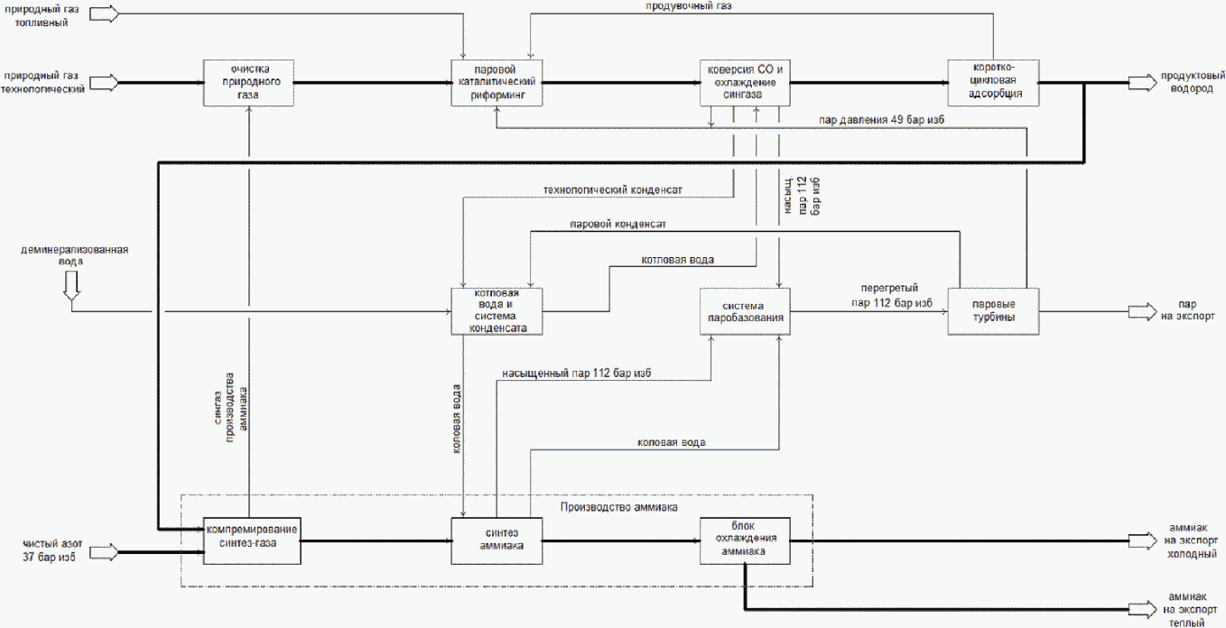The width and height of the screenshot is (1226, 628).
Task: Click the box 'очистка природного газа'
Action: (248, 83)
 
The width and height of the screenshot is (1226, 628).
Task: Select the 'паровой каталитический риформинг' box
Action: (497, 83)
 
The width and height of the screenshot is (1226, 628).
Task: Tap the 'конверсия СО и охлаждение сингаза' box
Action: (745, 83)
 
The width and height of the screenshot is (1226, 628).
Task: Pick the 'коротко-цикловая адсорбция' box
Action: (993, 83)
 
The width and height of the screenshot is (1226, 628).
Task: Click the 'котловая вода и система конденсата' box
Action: (497, 311)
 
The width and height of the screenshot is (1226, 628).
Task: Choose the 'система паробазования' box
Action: (745, 311)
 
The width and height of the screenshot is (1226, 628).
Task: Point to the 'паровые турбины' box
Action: (993, 311)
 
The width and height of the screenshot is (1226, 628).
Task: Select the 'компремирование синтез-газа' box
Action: (252, 540)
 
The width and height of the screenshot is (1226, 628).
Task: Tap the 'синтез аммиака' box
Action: (497, 540)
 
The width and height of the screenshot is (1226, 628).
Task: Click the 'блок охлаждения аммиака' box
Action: (745, 540)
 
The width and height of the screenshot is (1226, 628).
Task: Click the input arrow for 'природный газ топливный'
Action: (104, 14)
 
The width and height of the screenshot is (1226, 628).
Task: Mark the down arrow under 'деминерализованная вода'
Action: (71, 285)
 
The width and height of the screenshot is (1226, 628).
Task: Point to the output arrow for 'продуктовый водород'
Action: (1143, 83)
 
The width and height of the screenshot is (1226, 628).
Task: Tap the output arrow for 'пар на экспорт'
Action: (1143, 312)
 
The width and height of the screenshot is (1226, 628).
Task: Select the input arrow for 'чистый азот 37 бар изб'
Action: (104, 552)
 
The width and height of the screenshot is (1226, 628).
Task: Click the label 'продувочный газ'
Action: (689, 6)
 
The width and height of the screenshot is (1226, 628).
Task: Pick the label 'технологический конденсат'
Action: (612, 189)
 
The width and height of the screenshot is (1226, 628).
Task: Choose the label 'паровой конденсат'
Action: (618, 225)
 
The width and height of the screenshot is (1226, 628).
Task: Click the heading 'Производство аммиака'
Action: (619, 507)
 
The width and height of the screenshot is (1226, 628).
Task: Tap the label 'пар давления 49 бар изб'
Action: (881, 119)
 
